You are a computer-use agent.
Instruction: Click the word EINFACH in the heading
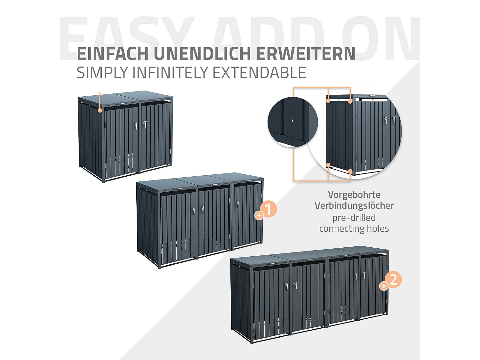point(113,54)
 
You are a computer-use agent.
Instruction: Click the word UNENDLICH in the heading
point(202,54)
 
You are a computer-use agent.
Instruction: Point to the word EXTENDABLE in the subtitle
point(259,73)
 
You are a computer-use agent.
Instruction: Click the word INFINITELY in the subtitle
point(171,73)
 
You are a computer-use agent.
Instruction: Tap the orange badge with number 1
point(268,209)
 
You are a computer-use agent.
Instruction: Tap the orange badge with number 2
point(393,279)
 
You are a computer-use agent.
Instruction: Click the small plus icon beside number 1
point(259,216)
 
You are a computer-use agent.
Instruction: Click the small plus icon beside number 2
point(384,286)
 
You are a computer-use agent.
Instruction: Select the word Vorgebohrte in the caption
point(354,195)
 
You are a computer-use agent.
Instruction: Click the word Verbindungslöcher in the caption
point(354,205)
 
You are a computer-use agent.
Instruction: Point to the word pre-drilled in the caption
point(354,218)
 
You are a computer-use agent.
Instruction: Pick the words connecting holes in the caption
point(354,228)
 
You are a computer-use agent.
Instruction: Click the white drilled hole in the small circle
point(292,121)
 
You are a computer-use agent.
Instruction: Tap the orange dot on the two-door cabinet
point(100,110)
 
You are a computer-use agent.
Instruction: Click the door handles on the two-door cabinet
point(140,125)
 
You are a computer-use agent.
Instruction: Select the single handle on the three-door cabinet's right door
point(238,204)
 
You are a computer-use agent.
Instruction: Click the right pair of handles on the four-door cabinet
point(360,276)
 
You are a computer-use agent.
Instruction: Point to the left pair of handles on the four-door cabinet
point(291,285)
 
